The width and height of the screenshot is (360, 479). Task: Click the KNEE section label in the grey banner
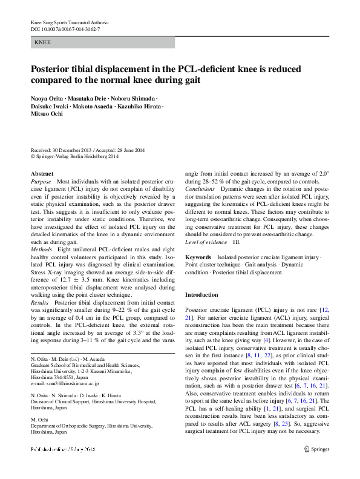pos(43,43)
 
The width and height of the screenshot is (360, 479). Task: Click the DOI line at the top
pos(65,29)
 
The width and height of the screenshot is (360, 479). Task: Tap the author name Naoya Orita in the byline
pos(46,98)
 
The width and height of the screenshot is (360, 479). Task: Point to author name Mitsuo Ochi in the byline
pos(47,114)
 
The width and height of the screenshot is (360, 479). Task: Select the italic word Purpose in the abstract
pos(41,182)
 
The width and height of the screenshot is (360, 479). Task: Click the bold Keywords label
pos(198,257)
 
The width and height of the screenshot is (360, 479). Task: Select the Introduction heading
pos(201,295)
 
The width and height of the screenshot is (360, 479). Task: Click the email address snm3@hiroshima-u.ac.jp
pos(64,383)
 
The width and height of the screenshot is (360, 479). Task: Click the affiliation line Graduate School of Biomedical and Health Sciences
pos(83,365)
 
